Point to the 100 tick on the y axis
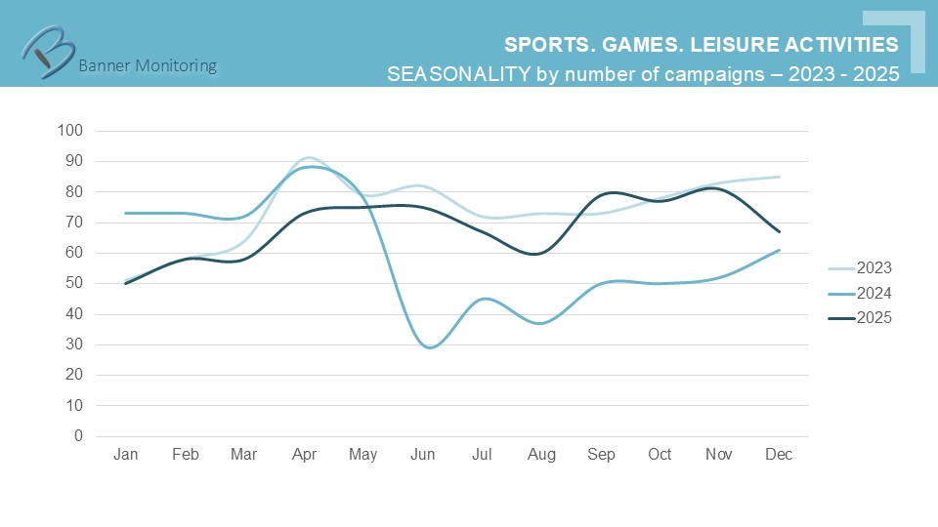point(71,131)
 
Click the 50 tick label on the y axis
point(75,283)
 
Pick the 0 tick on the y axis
point(79,436)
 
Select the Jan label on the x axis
point(125,455)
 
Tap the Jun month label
point(422,455)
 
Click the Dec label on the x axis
point(779,455)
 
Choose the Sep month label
point(601,455)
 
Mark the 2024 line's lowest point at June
point(429,347)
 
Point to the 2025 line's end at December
point(779,231)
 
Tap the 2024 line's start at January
point(126,213)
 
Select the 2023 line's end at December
point(779,177)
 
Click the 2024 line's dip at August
point(541,323)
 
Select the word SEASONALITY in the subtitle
point(458,74)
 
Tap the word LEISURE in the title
point(731,45)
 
